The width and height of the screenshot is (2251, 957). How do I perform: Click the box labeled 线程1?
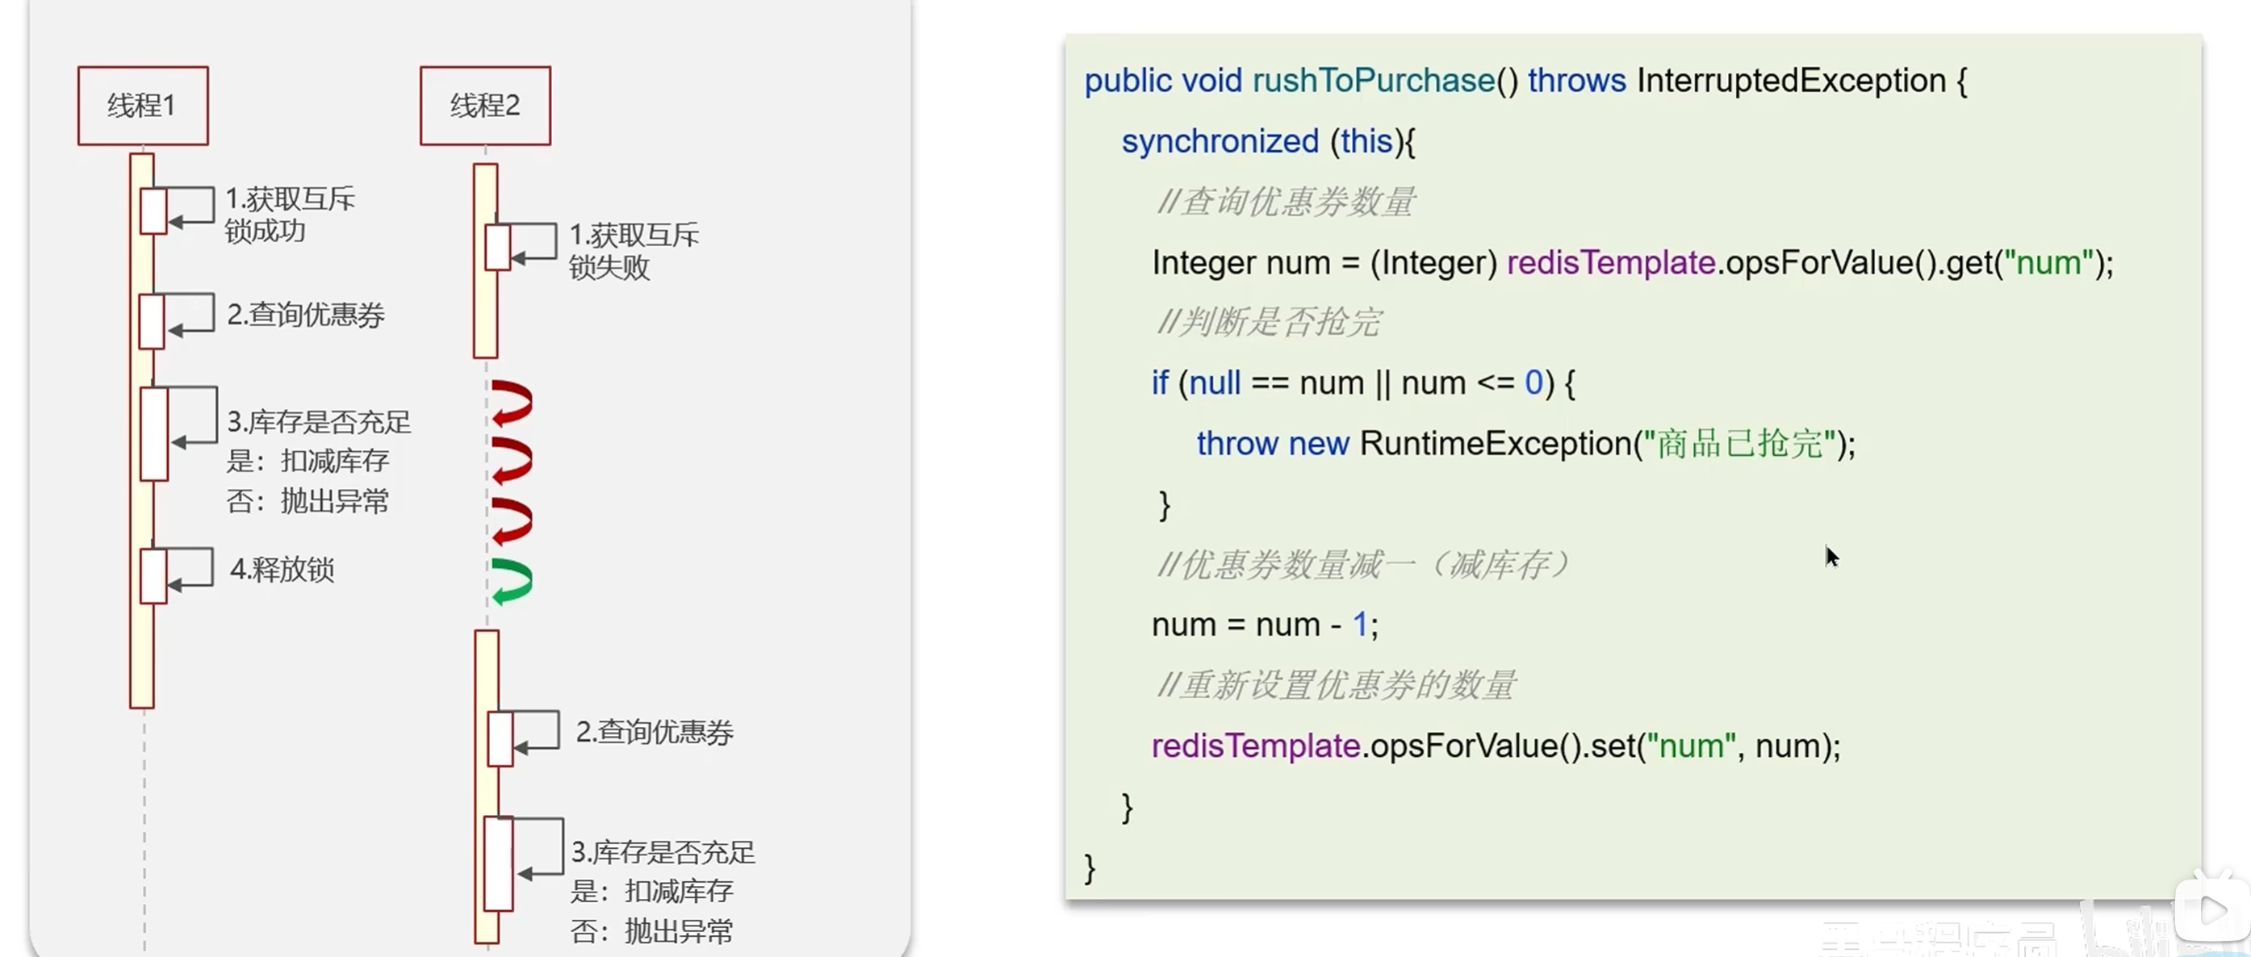tap(142, 106)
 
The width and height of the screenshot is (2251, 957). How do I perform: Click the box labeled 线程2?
tap(485, 106)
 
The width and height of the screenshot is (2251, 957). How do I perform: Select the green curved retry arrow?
tap(512, 581)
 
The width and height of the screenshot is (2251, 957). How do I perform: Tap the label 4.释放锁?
tap(282, 569)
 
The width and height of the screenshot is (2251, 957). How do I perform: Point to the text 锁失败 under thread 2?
tap(609, 267)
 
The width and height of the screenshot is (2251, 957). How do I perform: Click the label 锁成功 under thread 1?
tap(265, 232)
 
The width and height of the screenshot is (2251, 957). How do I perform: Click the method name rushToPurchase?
tap(1373, 81)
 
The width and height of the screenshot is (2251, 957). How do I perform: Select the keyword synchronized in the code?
tap(1220, 140)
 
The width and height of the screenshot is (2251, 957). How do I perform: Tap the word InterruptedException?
tap(1790, 81)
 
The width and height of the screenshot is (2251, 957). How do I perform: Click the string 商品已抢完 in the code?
tap(1739, 443)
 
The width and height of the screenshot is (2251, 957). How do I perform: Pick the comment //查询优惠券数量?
tap(1286, 202)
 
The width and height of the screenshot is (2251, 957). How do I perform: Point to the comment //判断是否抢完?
tap(1269, 323)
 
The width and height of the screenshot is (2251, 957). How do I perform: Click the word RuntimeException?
tap(1495, 443)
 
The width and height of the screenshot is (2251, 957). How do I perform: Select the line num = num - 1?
tap(1265, 624)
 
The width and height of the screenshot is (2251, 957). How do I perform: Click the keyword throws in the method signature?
tap(1576, 81)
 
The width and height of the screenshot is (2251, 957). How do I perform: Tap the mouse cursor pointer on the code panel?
tap(1831, 555)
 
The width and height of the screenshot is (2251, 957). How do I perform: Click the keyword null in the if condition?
tap(1215, 382)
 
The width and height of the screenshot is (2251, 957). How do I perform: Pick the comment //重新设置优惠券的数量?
tap(1336, 685)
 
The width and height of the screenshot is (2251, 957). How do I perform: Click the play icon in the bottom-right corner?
tap(2211, 912)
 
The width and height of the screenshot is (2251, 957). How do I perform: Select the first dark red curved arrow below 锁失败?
tap(512, 403)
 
